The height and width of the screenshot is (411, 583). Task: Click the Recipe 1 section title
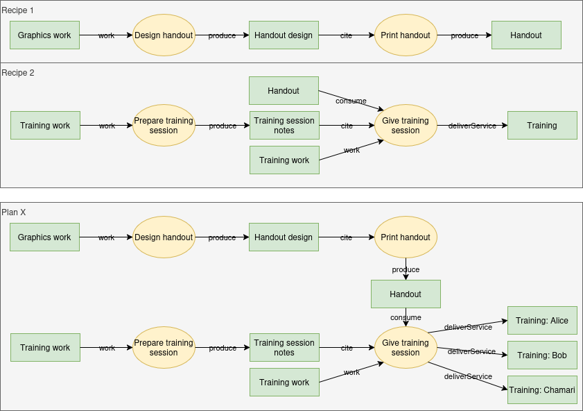click(17, 10)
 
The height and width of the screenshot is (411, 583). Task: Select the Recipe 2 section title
click(17, 72)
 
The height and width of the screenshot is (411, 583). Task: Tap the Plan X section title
click(14, 212)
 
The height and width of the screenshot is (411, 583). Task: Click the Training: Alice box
click(541, 321)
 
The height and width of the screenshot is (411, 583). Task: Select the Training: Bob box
click(541, 355)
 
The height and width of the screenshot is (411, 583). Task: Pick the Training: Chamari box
click(541, 389)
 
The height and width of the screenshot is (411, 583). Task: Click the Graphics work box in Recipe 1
click(44, 35)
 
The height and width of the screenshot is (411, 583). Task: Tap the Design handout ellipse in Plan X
click(164, 237)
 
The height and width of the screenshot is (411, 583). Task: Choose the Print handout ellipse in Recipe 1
click(406, 35)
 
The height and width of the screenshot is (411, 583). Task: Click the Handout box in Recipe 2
click(284, 91)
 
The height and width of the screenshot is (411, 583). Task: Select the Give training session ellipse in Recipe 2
click(406, 126)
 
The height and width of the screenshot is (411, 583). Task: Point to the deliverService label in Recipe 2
click(472, 126)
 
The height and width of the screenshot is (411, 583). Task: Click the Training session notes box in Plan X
click(284, 348)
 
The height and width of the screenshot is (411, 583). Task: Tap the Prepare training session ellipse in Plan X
click(164, 348)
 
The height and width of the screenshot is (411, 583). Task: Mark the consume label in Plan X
click(406, 317)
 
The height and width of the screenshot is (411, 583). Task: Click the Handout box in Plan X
click(406, 294)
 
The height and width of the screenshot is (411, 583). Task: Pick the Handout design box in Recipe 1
click(284, 35)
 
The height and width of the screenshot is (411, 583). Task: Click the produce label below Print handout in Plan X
click(406, 269)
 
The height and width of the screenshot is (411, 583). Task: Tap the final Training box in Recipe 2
click(541, 126)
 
